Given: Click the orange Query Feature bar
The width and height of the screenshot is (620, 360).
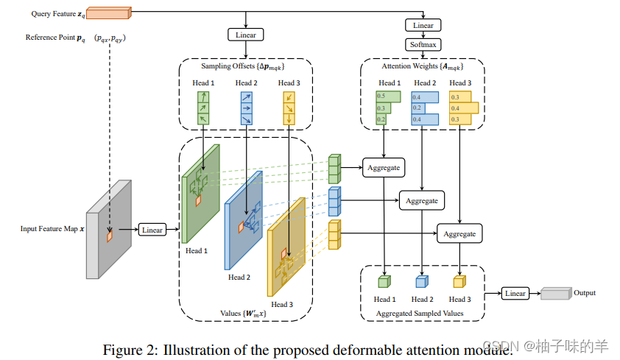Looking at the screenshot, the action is [109, 13].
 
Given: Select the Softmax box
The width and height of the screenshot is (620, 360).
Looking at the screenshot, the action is [423, 45].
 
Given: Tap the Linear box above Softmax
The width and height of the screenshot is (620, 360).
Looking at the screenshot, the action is [423, 25].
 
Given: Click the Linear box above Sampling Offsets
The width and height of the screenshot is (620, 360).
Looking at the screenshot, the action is [245, 35].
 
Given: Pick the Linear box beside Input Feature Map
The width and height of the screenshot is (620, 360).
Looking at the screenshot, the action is [152, 230].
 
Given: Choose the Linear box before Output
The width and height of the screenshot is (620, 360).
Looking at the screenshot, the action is [515, 293].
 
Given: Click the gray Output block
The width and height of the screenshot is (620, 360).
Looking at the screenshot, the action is [556, 293].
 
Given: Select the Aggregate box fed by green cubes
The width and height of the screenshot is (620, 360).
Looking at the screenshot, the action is [384, 168].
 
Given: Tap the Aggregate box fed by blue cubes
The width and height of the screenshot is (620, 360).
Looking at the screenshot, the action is [421, 200].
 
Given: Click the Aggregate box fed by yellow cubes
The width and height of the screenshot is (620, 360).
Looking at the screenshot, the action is [459, 233].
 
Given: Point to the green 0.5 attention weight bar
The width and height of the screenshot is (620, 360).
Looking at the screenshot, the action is [388, 96].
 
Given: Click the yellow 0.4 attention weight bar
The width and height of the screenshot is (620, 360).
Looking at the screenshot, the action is [464, 108].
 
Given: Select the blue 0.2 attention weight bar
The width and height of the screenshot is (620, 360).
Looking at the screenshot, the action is [418, 108].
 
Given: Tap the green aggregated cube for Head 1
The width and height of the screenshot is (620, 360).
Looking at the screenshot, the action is [384, 281].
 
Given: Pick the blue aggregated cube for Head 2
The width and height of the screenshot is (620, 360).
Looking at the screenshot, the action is [422, 281].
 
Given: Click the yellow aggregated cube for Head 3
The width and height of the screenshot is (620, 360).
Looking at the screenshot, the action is [459, 281].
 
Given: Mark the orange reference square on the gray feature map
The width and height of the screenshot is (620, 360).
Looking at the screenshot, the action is [110, 236].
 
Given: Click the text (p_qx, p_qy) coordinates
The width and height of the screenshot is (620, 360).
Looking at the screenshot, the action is [110, 38].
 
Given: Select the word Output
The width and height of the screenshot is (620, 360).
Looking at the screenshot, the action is [585, 293].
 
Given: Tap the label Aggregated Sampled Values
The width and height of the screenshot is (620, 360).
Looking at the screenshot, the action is [420, 314].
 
